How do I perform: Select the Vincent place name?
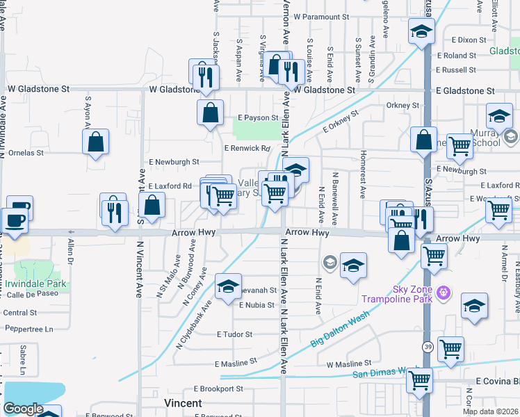(183, 403)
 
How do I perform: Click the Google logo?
(23, 409)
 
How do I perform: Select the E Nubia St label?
(257, 305)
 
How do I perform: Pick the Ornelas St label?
(25, 152)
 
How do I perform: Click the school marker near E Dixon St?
(421, 31)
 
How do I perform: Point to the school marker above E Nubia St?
(227, 286)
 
